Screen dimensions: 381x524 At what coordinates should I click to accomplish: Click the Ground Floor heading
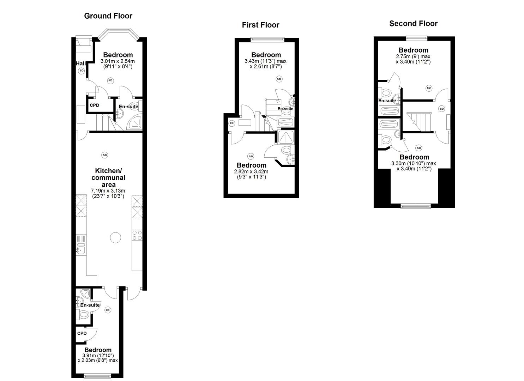point(108,16)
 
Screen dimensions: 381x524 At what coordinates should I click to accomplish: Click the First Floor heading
point(260,25)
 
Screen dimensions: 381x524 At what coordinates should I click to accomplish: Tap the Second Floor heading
point(413,24)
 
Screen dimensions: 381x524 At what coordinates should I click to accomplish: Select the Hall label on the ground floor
point(81,64)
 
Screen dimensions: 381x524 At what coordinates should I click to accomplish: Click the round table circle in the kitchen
point(115,238)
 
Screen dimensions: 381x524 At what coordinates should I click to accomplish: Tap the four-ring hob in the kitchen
point(137,235)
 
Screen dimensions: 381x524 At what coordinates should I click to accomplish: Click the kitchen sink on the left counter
point(81,250)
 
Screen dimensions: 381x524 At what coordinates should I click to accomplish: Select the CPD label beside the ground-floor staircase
point(95,105)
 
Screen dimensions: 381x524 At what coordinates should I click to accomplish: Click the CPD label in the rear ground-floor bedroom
point(82,333)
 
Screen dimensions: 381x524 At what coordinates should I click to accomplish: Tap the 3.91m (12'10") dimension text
point(98,356)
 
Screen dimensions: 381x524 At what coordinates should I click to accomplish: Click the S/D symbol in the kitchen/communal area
point(104,155)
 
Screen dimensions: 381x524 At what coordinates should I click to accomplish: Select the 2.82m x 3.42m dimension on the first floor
point(251,171)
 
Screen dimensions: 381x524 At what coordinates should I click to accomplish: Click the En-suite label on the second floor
point(387,101)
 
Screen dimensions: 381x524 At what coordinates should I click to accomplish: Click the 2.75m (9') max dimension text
point(413,56)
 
